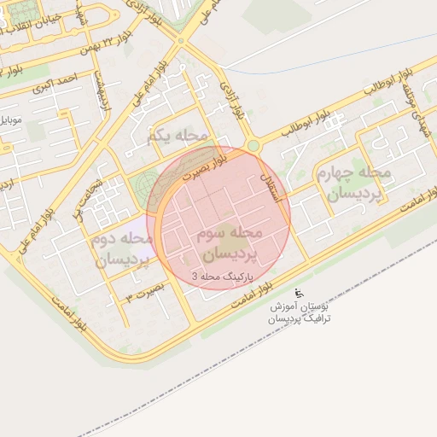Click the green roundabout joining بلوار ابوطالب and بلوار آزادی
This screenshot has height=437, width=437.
pyautogui.click(x=253, y=146)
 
